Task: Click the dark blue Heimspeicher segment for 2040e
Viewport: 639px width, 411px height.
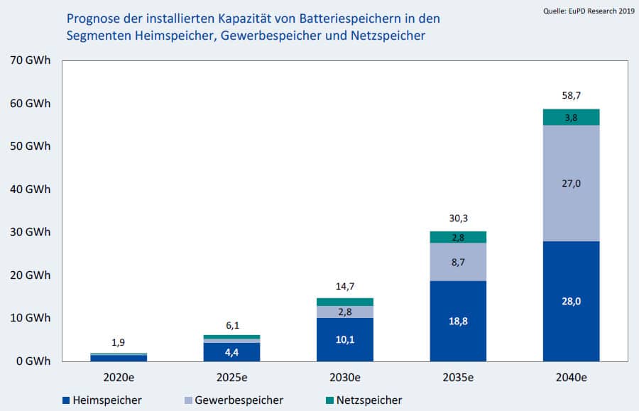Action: pyautogui.click(x=571, y=301)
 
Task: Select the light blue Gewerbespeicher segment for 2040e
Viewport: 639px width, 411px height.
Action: pyautogui.click(x=571, y=183)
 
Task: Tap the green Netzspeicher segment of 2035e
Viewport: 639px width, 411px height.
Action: pyautogui.click(x=457, y=237)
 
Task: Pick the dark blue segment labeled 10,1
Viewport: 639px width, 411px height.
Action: pyautogui.click(x=344, y=339)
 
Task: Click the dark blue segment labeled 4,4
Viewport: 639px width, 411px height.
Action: pyautogui.click(x=231, y=351)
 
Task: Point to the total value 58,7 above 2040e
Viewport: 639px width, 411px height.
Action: pyautogui.click(x=571, y=94)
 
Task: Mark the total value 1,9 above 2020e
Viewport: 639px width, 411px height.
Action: pyautogui.click(x=119, y=343)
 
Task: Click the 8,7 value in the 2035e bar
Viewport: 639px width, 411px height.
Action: pyautogui.click(x=457, y=263)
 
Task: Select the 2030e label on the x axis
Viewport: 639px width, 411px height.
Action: pyautogui.click(x=344, y=376)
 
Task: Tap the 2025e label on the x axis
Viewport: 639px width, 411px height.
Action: pyautogui.click(x=231, y=376)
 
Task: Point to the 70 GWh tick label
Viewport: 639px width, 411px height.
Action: pyautogui.click(x=30, y=60)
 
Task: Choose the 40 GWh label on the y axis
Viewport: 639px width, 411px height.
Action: pyautogui.click(x=30, y=190)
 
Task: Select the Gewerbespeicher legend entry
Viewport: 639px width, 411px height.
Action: pyautogui.click(x=236, y=400)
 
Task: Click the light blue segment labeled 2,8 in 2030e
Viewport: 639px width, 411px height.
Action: pyautogui.click(x=344, y=312)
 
